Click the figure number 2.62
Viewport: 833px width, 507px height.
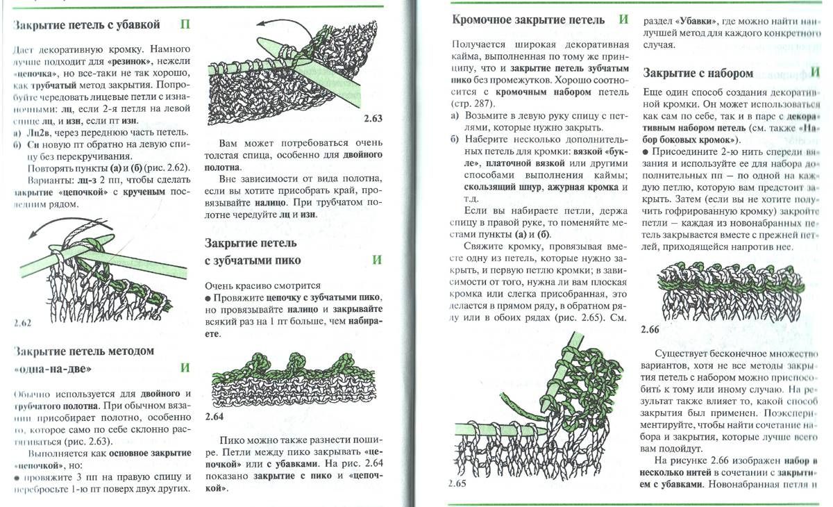pos(23,324)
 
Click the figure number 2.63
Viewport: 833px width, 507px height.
pos(373,119)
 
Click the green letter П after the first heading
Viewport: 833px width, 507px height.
pos(185,25)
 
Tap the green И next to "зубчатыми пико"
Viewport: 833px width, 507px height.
pos(377,260)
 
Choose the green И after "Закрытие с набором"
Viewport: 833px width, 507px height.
pos(814,72)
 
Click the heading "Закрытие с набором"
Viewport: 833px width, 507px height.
pos(698,73)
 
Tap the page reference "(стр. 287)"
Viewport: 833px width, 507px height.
pos(471,103)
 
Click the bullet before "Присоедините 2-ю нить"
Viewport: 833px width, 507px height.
pos(646,152)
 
